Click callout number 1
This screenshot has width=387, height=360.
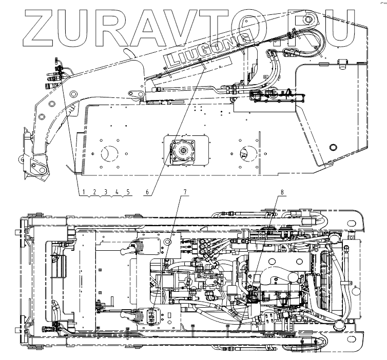(84, 192)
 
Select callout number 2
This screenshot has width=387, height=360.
(94, 192)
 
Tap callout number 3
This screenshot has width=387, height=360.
(106, 192)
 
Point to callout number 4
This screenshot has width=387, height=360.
(117, 192)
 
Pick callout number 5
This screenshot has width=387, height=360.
(128, 192)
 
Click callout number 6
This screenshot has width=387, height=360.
(147, 192)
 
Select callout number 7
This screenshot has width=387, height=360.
(185, 192)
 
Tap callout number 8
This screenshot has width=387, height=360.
(282, 192)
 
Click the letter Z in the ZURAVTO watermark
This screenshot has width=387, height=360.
(39, 28)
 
